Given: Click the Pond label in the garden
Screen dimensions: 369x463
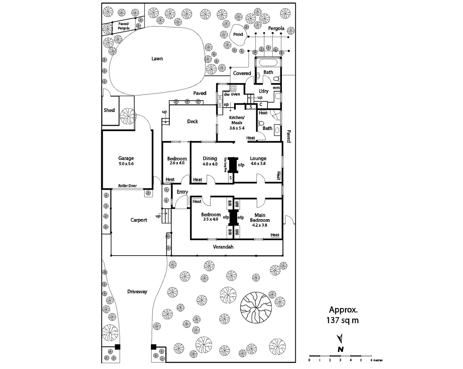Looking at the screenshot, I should pyautogui.click(x=238, y=35).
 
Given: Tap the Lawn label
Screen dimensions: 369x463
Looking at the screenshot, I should pyautogui.click(x=157, y=59).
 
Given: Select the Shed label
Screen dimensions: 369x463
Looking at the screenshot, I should pyautogui.click(x=109, y=110).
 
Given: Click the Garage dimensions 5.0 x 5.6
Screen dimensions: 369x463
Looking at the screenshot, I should pyautogui.click(x=126, y=164).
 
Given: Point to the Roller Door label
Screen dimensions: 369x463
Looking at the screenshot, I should pyautogui.click(x=127, y=186).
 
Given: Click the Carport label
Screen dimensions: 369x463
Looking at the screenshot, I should pyautogui.click(x=139, y=220).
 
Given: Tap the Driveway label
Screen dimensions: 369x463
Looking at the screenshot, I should pyautogui.click(x=137, y=291).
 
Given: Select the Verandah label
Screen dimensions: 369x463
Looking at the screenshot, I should pyautogui.click(x=223, y=247).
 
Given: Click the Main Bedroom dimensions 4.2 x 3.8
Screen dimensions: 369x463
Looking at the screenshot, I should pyautogui.click(x=260, y=225).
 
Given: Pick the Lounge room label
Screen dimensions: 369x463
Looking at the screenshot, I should pyautogui.click(x=258, y=158).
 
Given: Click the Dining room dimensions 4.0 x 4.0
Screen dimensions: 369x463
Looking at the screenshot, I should pyautogui.click(x=210, y=164).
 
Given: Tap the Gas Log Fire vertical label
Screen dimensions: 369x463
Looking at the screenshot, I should pyautogui.click(x=226, y=165).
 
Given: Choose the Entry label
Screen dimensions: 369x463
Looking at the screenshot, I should pyautogui.click(x=182, y=192).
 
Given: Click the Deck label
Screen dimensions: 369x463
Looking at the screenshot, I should pyautogui.click(x=192, y=121).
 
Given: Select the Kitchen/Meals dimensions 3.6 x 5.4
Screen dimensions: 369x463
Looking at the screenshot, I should pyautogui.click(x=237, y=128).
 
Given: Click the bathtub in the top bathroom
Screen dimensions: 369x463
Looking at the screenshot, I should pyautogui.click(x=269, y=63).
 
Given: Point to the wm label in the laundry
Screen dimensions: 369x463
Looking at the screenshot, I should pyautogui.click(x=276, y=88).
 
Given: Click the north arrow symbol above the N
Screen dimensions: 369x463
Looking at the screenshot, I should pyautogui.click(x=340, y=339).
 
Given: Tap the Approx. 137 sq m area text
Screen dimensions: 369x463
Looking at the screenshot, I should pyautogui.click(x=343, y=315).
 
